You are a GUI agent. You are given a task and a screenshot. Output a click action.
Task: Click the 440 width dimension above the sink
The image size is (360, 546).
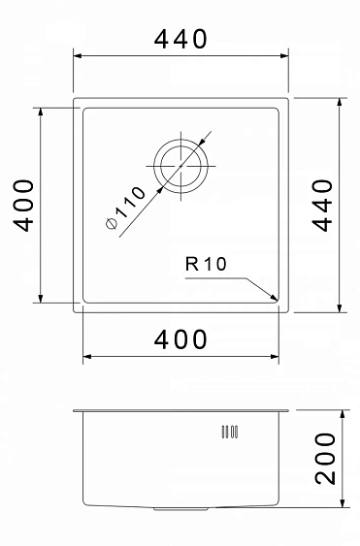[x=180, y=40]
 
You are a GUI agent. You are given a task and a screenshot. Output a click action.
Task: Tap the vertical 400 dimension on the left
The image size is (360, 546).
[x=25, y=204]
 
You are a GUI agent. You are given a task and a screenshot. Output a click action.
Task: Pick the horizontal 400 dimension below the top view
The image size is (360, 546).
[x=180, y=339]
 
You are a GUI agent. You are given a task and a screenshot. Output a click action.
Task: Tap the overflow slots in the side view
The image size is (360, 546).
[x=231, y=433]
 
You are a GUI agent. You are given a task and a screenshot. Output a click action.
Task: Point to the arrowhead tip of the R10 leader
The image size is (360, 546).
[x=277, y=299]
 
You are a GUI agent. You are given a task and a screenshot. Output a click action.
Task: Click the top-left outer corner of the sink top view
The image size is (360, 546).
[x=76, y=98]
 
